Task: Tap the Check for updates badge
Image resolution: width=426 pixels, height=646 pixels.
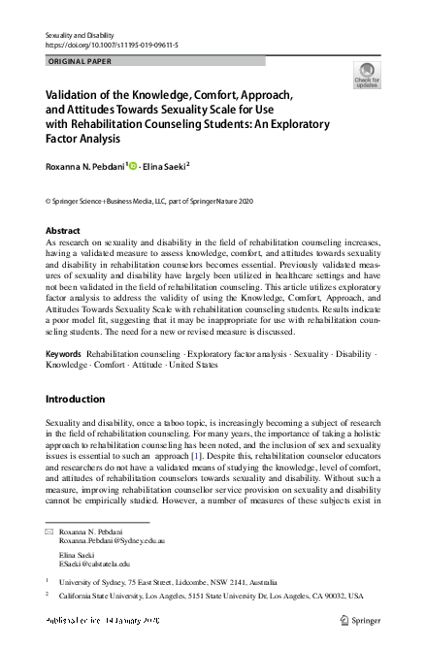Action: (x=367, y=75)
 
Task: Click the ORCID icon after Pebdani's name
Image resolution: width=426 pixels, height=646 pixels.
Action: (x=132, y=166)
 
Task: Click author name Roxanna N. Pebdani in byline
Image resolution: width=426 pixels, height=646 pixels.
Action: (x=85, y=166)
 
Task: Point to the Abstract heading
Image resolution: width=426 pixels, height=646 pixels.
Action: (x=63, y=231)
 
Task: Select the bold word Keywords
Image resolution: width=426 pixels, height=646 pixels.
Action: (x=64, y=355)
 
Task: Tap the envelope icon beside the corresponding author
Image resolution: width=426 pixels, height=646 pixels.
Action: (x=49, y=533)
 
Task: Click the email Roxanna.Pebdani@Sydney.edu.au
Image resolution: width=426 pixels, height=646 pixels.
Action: (x=112, y=543)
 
